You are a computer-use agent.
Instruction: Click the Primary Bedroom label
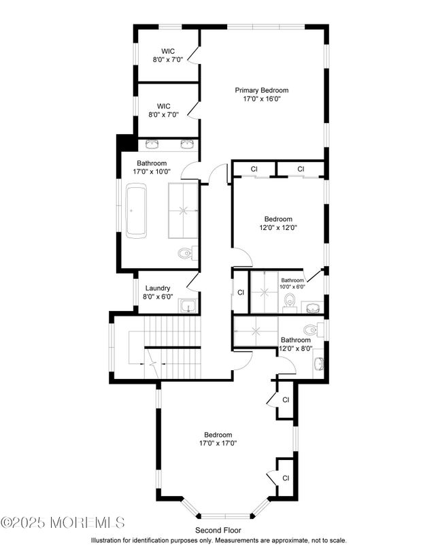coord(262,90)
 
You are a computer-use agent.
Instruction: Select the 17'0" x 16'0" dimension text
coord(262,99)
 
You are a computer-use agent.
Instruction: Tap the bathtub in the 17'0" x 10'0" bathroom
coord(136,212)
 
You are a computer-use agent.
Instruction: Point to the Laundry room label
coord(157,288)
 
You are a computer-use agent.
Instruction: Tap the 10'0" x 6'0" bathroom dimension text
coord(293,287)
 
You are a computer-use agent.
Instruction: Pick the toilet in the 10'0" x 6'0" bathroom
coord(290,301)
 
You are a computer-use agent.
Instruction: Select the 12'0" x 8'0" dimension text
coord(296,348)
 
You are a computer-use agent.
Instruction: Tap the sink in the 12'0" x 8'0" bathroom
coord(318,364)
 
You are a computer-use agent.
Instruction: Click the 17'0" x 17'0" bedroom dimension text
coord(218,444)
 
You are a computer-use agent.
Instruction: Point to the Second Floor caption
coord(218,530)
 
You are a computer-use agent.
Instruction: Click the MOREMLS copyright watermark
coord(63,523)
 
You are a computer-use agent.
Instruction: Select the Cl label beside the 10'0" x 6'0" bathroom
coord(241,293)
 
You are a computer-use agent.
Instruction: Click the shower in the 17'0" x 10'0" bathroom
coord(184,210)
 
